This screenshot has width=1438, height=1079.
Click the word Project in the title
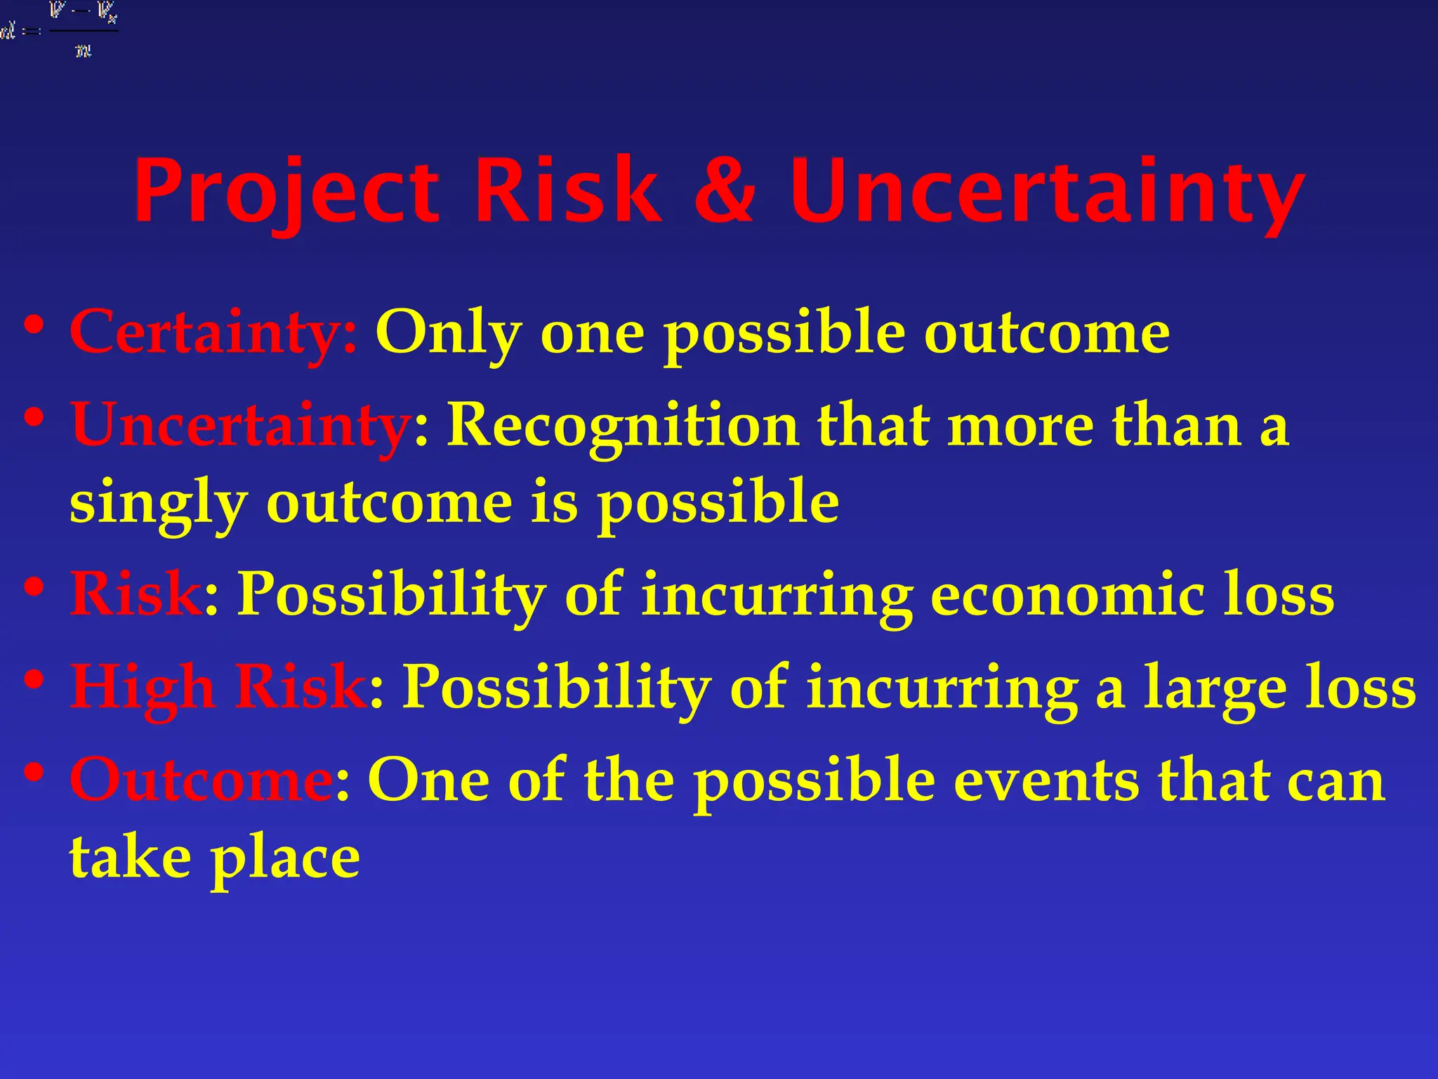(286, 191)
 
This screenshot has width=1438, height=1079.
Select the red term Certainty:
(213, 332)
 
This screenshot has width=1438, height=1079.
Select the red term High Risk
(218, 686)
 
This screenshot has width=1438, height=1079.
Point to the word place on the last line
(285, 858)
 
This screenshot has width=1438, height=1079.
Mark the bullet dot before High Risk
(33, 679)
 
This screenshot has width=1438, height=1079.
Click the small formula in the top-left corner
(60, 30)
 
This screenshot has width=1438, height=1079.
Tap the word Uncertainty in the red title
(1047, 191)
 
